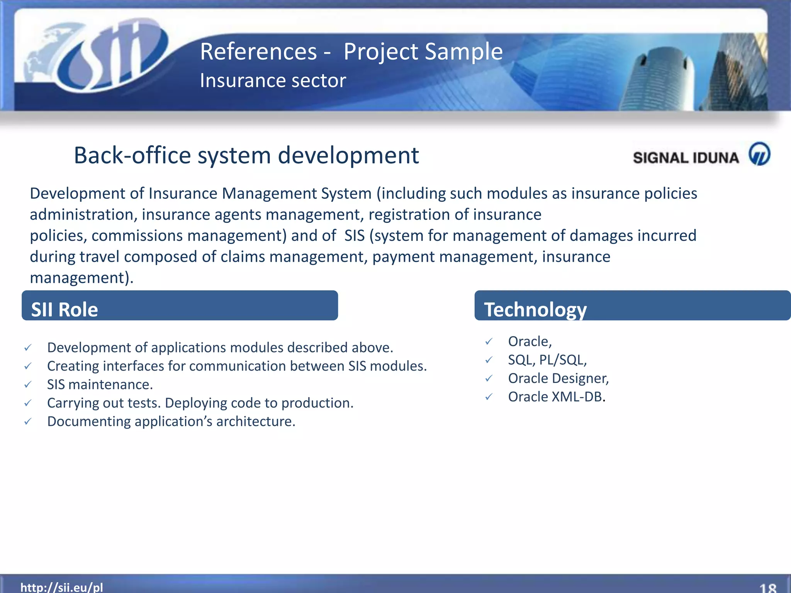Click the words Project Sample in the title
tap(423, 52)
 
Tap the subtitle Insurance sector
tap(273, 81)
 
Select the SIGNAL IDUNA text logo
tap(686, 158)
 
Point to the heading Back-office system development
tap(246, 155)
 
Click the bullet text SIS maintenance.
tap(100, 385)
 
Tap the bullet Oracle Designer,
tap(558, 378)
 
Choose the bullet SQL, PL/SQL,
tap(547, 360)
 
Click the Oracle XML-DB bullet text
tap(556, 397)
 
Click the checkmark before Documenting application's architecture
tap(28, 422)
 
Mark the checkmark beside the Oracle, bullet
tap(489, 341)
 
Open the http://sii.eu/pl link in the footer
tap(62, 587)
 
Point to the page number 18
tap(767, 588)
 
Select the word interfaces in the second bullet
tap(132, 366)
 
